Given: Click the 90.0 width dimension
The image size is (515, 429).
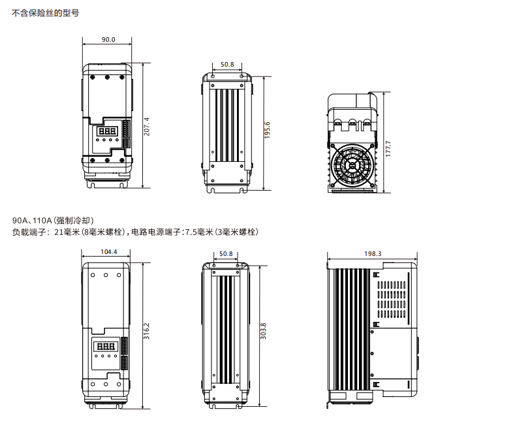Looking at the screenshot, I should (x=108, y=40).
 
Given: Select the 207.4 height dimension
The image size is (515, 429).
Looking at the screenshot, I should (x=147, y=127).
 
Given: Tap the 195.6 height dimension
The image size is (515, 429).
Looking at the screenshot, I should (x=268, y=131).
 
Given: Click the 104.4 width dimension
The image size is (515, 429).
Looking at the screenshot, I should (x=108, y=252).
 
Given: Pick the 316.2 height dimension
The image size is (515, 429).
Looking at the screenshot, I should (x=147, y=331).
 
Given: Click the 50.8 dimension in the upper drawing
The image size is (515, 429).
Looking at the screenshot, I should (x=227, y=65).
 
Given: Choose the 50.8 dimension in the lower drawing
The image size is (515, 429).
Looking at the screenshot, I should (x=226, y=253).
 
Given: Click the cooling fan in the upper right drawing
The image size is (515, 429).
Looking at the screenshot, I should (x=353, y=165).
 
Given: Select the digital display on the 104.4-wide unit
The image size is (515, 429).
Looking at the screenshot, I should (x=105, y=346).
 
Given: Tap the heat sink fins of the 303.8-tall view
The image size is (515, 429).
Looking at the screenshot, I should (x=225, y=330).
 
